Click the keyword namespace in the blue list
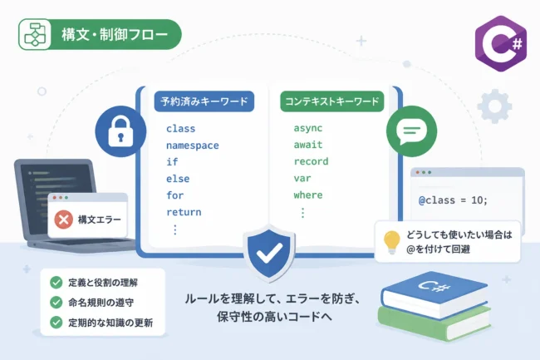tap(192, 145)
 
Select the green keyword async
tap(308, 128)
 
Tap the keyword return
tap(184, 212)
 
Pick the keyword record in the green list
tap(311, 161)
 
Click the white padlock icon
tap(120, 132)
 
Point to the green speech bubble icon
tap(411, 131)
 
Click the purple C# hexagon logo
tap(501, 43)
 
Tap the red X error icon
tap(64, 219)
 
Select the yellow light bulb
tap(392, 242)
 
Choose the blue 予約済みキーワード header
tap(204, 101)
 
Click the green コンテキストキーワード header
tap(332, 101)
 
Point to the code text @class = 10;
tap(453, 200)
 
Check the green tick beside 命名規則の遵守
tap(56, 302)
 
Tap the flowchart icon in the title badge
tap(35, 34)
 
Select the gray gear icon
tap(494, 106)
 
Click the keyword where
tap(308, 195)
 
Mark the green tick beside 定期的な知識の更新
tap(56, 323)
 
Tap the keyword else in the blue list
tap(178, 179)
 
